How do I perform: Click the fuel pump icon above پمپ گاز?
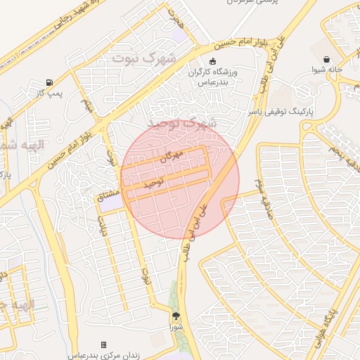[x=49, y=83]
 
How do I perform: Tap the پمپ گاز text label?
[x=50, y=94]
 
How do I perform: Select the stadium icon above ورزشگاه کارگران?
[x=212, y=61]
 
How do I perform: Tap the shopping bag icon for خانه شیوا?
[x=326, y=60]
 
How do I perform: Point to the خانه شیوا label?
[x=327, y=70]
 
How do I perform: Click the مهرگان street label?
[x=171, y=155]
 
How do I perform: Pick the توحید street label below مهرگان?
[x=153, y=183]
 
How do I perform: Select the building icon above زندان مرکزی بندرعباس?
[x=103, y=345]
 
